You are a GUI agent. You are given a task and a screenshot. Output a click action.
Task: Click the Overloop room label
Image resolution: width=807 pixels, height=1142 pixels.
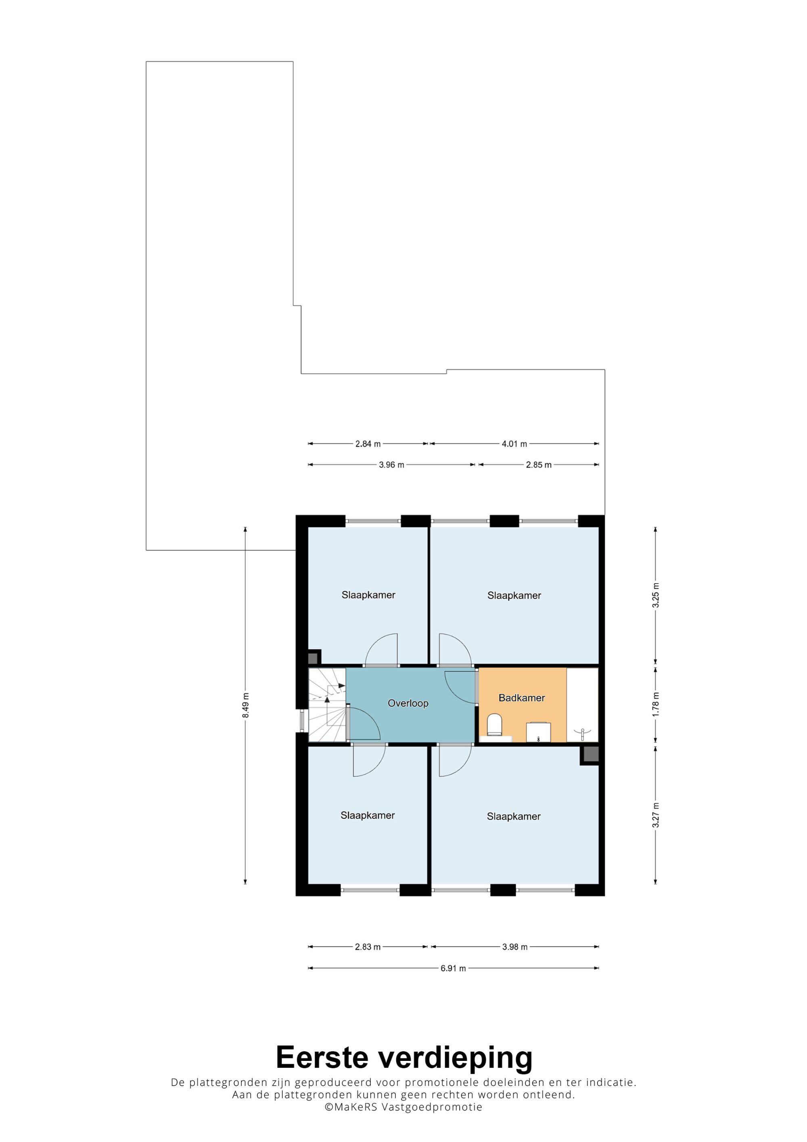tap(408, 703)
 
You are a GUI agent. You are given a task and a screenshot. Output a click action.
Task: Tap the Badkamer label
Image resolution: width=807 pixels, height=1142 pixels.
tap(522, 698)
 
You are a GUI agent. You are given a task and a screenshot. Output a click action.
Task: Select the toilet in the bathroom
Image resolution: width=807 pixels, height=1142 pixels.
tap(494, 726)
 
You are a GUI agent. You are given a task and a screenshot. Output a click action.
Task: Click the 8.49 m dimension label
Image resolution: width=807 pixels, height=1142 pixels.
tap(246, 705)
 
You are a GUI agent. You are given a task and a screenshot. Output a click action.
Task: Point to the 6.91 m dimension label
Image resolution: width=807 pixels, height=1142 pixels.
tap(453, 968)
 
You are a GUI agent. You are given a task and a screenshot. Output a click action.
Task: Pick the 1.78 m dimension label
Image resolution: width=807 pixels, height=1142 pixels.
tap(656, 704)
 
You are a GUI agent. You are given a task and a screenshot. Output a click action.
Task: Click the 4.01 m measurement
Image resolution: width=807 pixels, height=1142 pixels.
tap(514, 443)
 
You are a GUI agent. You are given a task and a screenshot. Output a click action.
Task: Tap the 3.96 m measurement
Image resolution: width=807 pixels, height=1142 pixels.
tap(391, 465)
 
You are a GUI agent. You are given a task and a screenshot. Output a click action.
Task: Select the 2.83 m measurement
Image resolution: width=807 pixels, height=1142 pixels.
tap(368, 947)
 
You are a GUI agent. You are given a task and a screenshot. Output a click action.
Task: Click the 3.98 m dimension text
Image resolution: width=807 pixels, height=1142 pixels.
tap(514, 947)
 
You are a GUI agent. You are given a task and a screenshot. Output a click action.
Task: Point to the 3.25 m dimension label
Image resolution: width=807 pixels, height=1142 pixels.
tap(656, 595)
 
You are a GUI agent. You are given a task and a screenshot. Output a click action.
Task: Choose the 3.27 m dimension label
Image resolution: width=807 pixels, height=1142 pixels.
tap(656, 815)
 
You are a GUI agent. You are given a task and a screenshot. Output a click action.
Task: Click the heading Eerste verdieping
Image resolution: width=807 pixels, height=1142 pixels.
tap(404, 1057)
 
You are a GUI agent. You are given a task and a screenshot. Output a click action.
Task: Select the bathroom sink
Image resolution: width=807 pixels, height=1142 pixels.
tap(539, 732)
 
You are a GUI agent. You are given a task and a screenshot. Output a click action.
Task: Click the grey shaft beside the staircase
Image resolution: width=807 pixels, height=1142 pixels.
tap(313, 659)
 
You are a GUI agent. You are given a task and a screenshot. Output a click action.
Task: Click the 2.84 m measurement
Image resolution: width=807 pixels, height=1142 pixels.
tap(368, 443)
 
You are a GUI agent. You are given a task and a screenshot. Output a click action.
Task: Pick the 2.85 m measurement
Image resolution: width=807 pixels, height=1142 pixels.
tap(539, 465)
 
